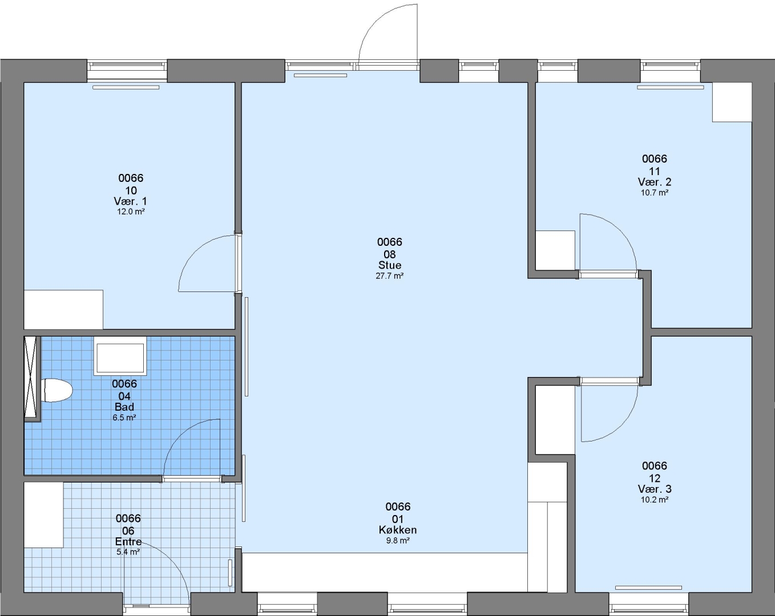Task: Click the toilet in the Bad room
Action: pyautogui.click(x=58, y=390)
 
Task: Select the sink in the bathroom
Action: pyautogui.click(x=120, y=356)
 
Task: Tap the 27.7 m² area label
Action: pyautogui.click(x=390, y=276)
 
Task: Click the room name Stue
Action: pyautogui.click(x=390, y=265)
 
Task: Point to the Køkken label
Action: pyautogui.click(x=398, y=530)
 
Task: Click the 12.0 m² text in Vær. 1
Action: pyautogui.click(x=131, y=212)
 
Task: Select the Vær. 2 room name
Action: pyautogui.click(x=655, y=182)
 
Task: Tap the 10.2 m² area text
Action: pyautogui.click(x=655, y=500)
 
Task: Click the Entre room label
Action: pyautogui.click(x=128, y=541)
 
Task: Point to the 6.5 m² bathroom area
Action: pyautogui.click(x=124, y=418)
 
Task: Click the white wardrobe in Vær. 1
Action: pyautogui.click(x=63, y=310)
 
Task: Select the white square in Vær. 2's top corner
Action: pyautogui.click(x=732, y=102)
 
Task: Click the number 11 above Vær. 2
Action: pyautogui.click(x=655, y=171)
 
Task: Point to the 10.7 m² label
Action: pyautogui.click(x=655, y=193)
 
